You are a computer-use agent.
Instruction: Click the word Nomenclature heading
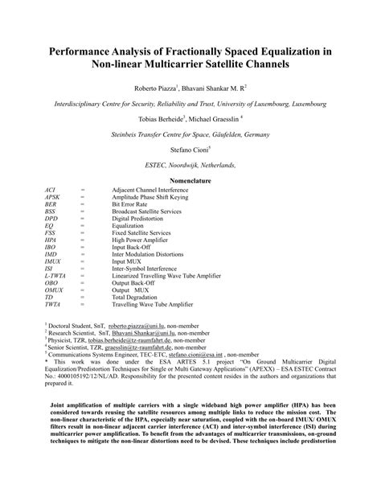(190, 181)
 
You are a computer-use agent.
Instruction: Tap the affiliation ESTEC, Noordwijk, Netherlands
(190, 164)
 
